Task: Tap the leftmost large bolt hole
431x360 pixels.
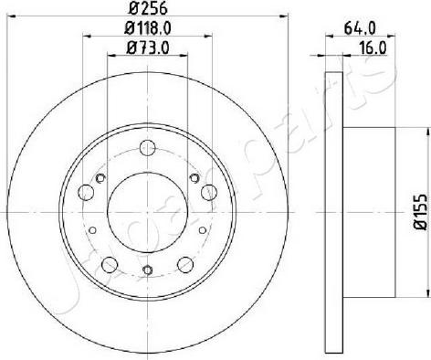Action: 86,192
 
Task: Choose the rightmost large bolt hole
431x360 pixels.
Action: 209,192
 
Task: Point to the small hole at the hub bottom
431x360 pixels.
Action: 148,269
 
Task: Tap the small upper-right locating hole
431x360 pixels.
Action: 193,179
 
